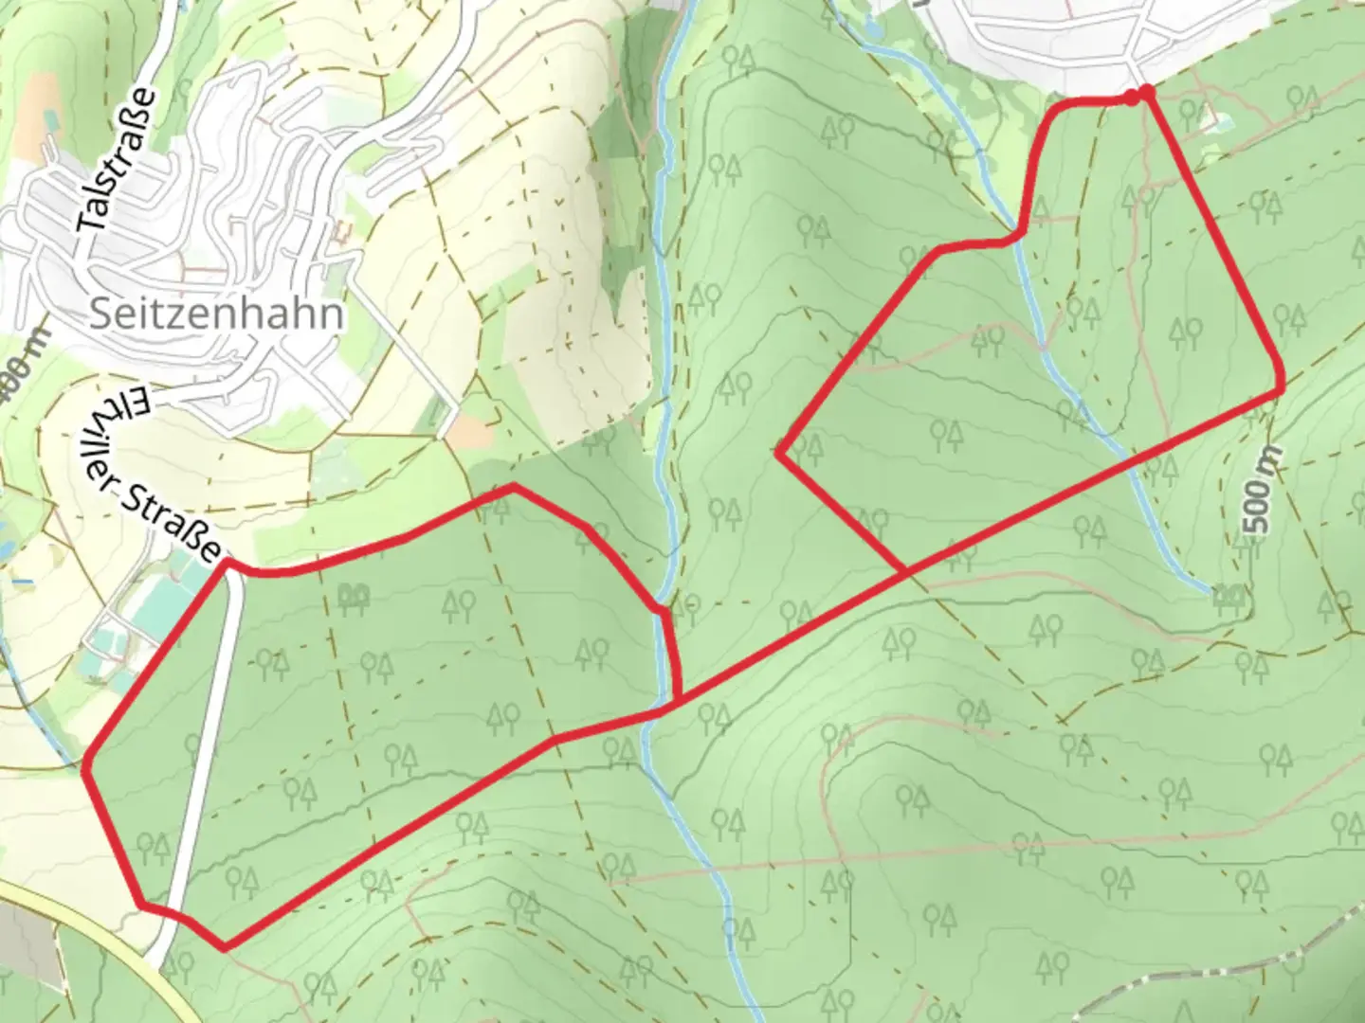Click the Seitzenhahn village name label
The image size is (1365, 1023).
(x=216, y=314)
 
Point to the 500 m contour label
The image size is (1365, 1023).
(x=1258, y=494)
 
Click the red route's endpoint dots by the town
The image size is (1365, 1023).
(x=1139, y=94)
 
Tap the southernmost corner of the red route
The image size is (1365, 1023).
(x=224, y=945)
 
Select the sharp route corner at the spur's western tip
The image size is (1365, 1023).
(x=779, y=454)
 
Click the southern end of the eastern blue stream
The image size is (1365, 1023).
(x=1213, y=592)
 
